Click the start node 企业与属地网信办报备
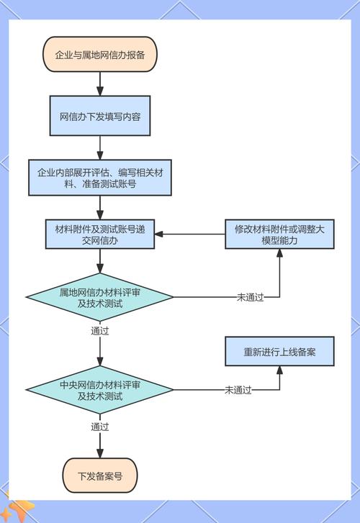click(x=100, y=55)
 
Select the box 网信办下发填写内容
click(x=100, y=116)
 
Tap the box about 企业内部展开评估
click(x=100, y=178)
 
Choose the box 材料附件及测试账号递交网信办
click(x=100, y=234)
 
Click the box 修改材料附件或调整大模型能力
click(x=279, y=234)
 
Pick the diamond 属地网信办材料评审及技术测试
click(x=100, y=297)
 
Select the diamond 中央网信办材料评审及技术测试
click(x=100, y=390)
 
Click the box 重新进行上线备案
click(x=279, y=351)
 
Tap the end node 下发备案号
click(x=100, y=476)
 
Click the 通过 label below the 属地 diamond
click(x=100, y=331)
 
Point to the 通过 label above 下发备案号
click(x=100, y=427)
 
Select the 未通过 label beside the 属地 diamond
click(x=251, y=297)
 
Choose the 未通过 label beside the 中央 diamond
click(x=238, y=390)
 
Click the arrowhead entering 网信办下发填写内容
click(x=100, y=91)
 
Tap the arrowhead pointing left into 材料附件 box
click(x=159, y=234)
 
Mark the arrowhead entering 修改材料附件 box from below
click(x=279, y=253)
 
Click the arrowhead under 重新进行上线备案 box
click(x=279, y=370)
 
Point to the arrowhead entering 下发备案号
click(x=100, y=453)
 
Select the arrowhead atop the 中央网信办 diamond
click(x=100, y=361)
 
